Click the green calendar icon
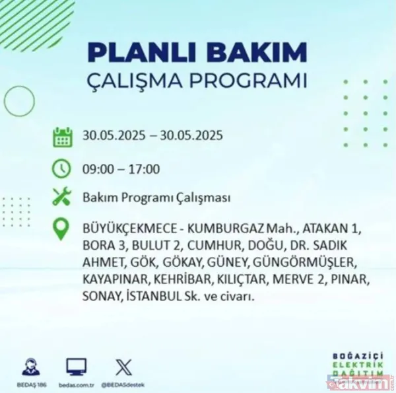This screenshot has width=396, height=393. pos(63,137)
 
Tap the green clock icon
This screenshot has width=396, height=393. pos(62,168)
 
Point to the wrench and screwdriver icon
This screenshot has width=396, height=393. pos(62,197)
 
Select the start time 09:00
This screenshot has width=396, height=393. pos(98,169)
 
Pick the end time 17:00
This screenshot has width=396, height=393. pos(144,169)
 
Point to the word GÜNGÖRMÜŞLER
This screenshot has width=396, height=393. pos(311,261)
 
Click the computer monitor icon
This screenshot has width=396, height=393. pos(77,367)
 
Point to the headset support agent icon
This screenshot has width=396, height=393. pos(29,367)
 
